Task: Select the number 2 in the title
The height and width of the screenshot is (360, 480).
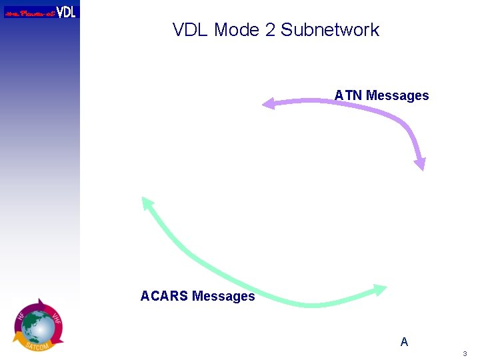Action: coord(269,30)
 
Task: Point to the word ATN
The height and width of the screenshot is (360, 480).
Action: coord(348,95)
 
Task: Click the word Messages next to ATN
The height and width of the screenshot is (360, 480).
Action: coord(397,95)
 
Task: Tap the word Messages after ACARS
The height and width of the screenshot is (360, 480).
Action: coord(223,296)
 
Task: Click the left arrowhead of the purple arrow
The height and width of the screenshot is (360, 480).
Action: coord(268,103)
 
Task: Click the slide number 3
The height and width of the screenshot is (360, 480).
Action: coord(465,353)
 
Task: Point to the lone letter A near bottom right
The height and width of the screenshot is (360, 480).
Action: coord(404,342)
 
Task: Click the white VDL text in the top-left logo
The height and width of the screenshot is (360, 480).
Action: coord(66,11)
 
